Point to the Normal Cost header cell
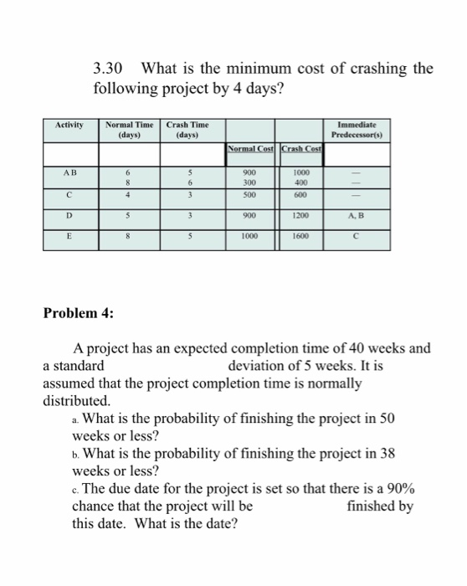click(x=250, y=149)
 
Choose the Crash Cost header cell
click(x=301, y=149)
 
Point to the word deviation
click(x=257, y=366)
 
